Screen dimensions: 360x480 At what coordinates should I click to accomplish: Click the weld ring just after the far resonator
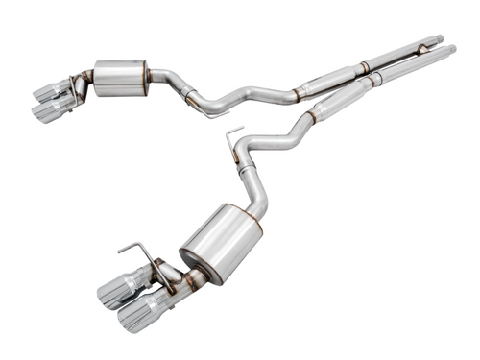tap(364, 67)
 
